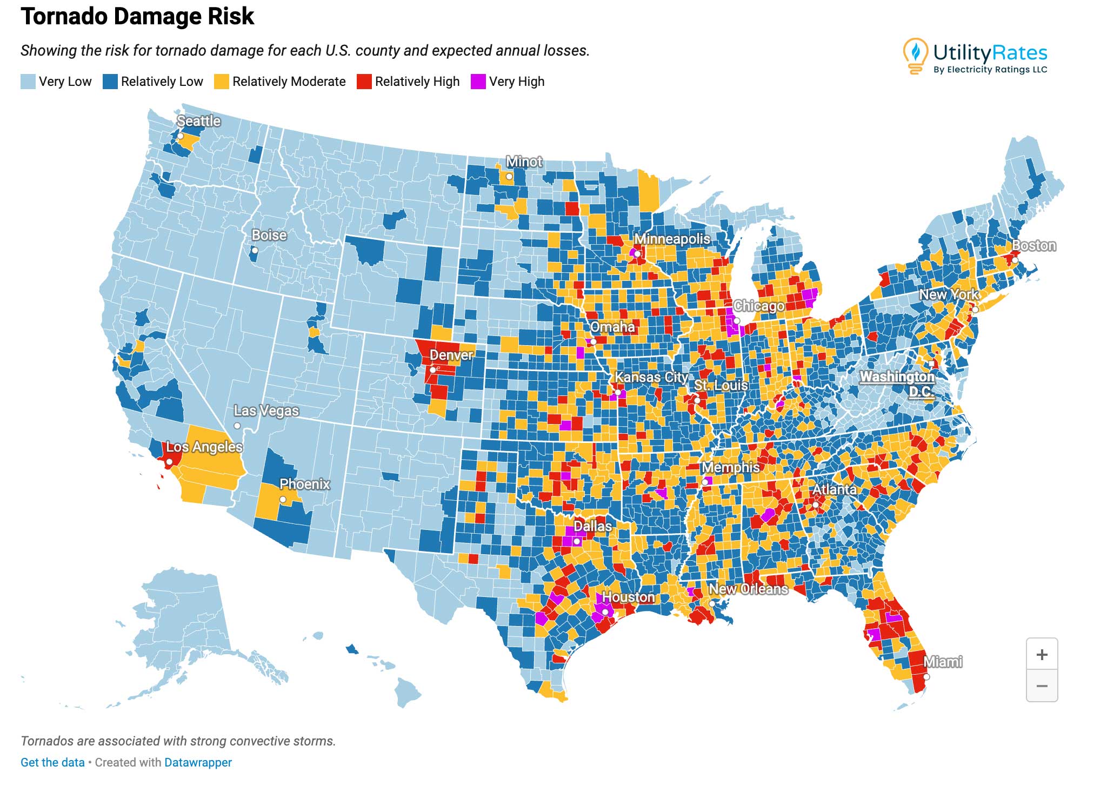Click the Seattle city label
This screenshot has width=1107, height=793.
(x=198, y=121)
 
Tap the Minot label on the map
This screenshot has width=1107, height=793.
(x=524, y=162)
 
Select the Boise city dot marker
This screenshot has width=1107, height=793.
(x=255, y=251)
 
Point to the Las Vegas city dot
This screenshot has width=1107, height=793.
(x=237, y=426)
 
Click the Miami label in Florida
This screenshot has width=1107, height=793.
(x=943, y=662)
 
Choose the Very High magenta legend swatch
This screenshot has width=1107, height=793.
(x=478, y=82)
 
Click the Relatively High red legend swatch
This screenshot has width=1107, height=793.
(x=364, y=82)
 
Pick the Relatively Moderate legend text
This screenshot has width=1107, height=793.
(x=289, y=82)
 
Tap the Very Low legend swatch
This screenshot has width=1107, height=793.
(x=28, y=82)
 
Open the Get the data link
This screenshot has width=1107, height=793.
(x=52, y=762)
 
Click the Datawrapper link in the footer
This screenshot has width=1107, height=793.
(x=198, y=762)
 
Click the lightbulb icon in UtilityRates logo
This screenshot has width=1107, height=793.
(x=915, y=55)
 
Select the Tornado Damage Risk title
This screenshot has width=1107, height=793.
(x=137, y=16)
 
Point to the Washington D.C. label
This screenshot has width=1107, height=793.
(x=897, y=384)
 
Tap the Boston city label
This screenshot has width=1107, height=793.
(x=1033, y=246)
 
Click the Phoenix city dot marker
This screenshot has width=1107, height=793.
(x=283, y=500)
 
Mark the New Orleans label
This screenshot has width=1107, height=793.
(x=748, y=589)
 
